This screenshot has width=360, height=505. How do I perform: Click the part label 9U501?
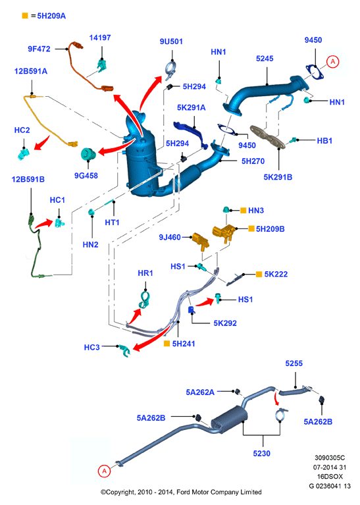171,41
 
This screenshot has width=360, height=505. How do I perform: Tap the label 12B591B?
28,179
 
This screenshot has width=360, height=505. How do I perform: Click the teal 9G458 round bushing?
88,154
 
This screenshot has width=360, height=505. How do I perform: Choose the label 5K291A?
192,107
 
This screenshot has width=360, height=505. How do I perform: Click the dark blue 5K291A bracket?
191,134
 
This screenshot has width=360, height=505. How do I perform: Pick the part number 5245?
265,59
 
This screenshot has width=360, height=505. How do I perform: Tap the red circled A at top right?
333,61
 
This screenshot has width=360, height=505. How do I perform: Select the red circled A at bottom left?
104,471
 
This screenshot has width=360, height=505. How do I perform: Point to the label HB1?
324,141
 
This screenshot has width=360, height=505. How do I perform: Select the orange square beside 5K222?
259,274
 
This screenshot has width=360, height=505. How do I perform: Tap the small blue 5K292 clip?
192,309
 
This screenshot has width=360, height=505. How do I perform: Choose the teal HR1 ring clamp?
144,300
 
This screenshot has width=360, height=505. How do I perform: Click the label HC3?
91,347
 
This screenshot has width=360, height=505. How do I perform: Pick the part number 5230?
261,454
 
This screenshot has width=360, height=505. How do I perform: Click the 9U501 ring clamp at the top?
170,68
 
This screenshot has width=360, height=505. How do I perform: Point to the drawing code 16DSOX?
330,476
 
